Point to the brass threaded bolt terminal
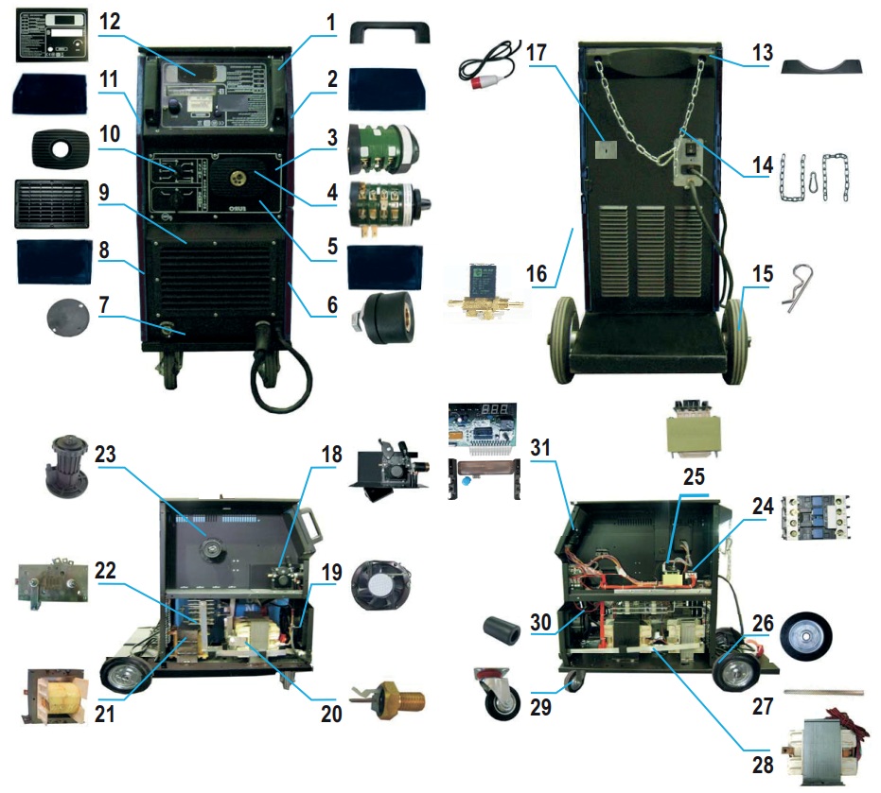(390, 700)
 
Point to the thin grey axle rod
(824, 692)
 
